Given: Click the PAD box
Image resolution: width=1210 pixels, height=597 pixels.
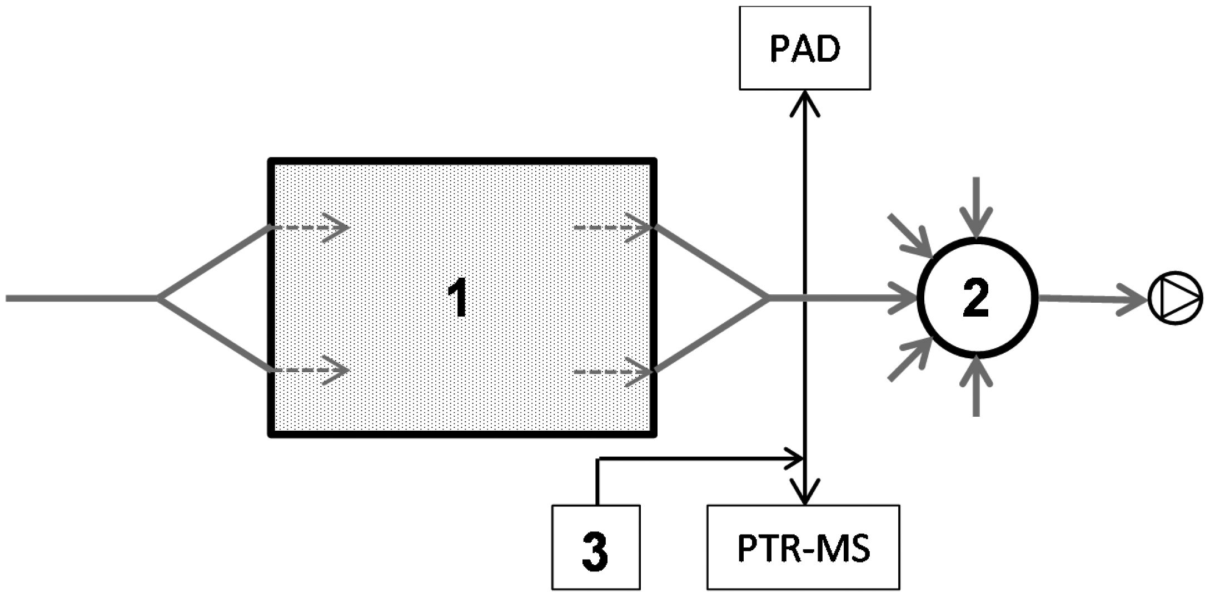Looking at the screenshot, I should pyautogui.click(x=804, y=48).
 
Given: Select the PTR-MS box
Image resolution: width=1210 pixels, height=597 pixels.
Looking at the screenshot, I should pyautogui.click(x=803, y=547).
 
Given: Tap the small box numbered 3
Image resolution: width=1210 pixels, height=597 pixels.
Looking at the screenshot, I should pyautogui.click(x=595, y=547).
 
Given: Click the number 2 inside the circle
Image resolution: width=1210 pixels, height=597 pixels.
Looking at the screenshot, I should pyautogui.click(x=976, y=299).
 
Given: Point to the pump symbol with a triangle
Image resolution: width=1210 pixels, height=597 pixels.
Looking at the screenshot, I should pyautogui.click(x=1175, y=298).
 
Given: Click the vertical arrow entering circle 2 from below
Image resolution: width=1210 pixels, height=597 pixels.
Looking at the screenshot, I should pyautogui.click(x=977, y=387).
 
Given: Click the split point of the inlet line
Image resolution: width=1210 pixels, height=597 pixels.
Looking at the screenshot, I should pyautogui.click(x=159, y=299).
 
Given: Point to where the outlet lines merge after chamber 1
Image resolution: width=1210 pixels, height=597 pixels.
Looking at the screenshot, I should pyautogui.click(x=768, y=299).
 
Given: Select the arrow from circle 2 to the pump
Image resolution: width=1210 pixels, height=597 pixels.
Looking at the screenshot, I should pyautogui.click(x=1089, y=299).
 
